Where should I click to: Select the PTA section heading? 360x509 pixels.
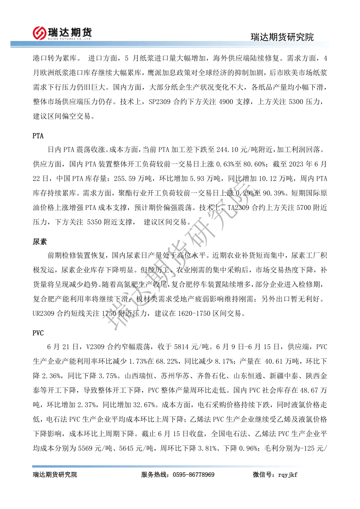38,136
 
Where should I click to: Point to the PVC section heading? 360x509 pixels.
38,333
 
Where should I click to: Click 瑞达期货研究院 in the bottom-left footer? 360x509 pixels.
55,475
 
